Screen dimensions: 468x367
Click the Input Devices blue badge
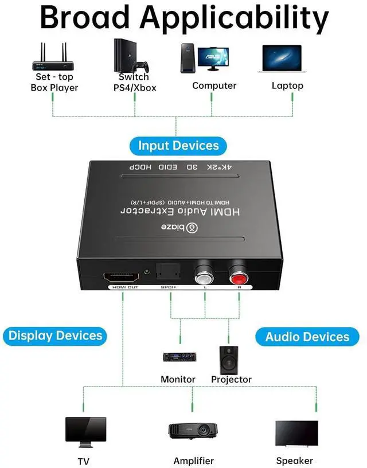coord(178,146)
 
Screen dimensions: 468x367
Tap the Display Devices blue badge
coord(55,336)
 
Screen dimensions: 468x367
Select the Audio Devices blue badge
coord(307,337)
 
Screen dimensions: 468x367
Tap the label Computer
coord(214,85)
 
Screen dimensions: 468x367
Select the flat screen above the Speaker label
coord(296,434)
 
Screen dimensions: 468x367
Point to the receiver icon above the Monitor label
coord(178,357)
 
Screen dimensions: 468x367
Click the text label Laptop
coord(287,85)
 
